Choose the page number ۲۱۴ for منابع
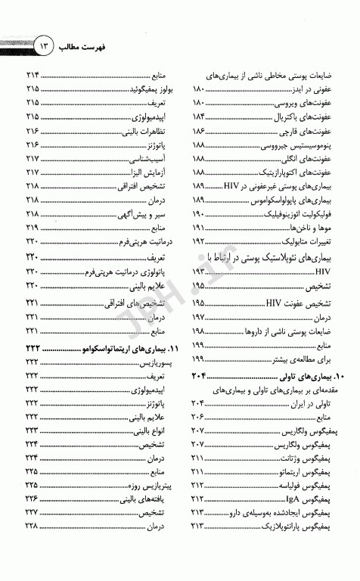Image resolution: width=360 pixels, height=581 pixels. coord(33,76)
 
